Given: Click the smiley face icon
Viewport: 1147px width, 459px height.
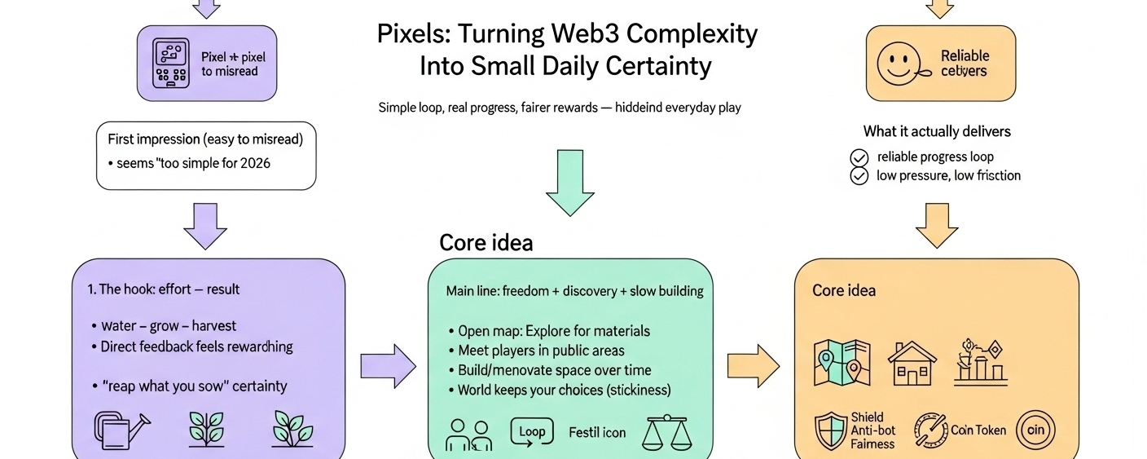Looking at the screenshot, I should point(899,62).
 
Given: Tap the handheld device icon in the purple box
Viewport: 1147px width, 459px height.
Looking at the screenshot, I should point(172,62).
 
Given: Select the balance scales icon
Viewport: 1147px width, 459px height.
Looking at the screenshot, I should point(666,434).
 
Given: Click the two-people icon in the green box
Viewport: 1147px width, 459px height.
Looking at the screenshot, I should point(468,435).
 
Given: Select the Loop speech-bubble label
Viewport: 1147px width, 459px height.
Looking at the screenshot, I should point(531,432).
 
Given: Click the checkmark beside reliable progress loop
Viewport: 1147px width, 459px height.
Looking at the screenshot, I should point(859,157).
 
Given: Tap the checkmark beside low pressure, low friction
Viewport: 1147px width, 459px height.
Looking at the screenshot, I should point(859,175).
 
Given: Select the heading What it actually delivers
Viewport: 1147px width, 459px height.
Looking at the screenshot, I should point(937,131).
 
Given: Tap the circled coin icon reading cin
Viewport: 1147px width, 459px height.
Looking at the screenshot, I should point(1035,430).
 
